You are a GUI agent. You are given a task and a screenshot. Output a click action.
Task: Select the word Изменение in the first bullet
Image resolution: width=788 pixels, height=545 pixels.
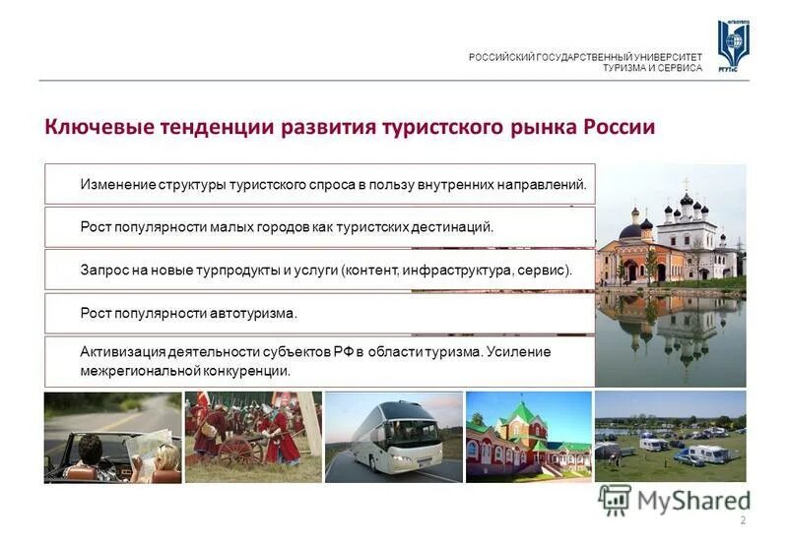tap(118, 184)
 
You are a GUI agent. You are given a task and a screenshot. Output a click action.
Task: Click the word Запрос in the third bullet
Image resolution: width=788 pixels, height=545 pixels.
tap(103, 270)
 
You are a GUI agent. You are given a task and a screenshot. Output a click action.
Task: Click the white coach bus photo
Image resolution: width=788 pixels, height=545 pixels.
tap(393, 437)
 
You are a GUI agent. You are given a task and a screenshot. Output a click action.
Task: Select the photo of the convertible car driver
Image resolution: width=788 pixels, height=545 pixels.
tap(112, 437)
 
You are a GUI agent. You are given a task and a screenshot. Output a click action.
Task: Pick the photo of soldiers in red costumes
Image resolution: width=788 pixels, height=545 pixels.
tap(253, 437)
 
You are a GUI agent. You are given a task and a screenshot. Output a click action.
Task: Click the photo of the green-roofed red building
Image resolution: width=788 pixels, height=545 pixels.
tap(528, 437)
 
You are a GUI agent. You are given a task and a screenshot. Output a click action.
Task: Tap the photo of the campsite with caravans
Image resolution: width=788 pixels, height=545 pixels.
tap(670, 437)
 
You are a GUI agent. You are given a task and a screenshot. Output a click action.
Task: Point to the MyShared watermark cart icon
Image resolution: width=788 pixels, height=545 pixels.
tap(615, 500)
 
